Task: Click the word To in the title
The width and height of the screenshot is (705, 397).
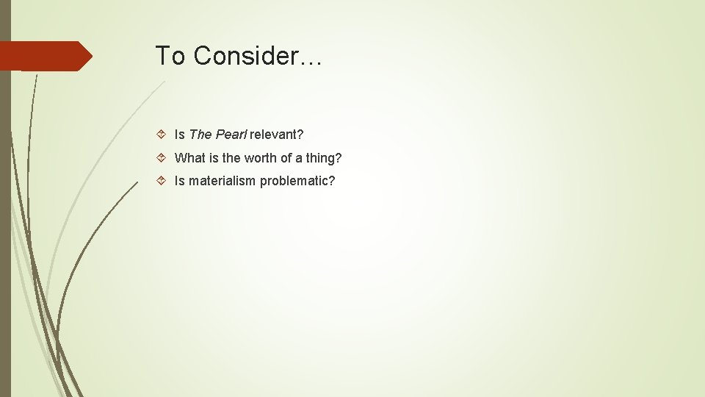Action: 171,56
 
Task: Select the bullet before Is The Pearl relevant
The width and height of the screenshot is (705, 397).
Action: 163,135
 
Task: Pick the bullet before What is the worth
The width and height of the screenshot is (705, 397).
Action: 163,158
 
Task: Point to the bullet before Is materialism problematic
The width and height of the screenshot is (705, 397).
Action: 163,181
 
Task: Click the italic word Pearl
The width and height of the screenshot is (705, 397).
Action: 231,135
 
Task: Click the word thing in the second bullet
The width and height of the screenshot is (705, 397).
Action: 319,158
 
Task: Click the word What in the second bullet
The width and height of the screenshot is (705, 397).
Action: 190,158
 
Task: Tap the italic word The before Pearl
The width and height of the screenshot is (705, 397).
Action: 200,135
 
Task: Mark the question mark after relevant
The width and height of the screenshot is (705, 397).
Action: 300,135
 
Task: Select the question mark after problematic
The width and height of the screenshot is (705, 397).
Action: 331,181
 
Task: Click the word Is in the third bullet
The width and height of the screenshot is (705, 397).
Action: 179,181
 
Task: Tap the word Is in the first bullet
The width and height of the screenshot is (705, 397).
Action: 179,135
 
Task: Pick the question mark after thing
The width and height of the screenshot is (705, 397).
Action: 338,158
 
